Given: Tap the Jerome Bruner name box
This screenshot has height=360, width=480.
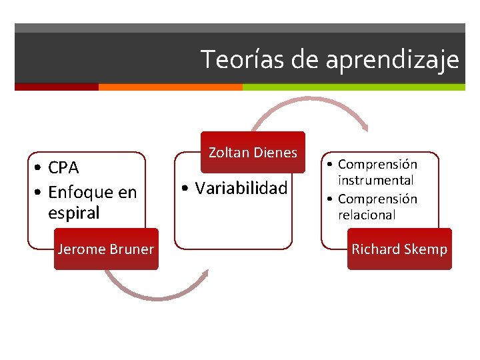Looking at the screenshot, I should tap(106, 249).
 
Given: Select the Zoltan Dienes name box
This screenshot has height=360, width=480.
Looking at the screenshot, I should tap(253, 152).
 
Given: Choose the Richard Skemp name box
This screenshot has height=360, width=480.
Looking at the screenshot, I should tap(399, 249).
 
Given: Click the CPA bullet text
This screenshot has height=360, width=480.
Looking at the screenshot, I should tap(63, 167).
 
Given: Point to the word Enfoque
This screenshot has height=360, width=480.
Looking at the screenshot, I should tap(77, 192).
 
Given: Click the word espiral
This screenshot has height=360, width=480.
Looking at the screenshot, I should tap(73, 213).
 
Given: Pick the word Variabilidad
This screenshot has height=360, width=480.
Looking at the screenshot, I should tap(241, 189).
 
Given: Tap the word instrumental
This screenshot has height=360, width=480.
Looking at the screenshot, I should tap(375, 180).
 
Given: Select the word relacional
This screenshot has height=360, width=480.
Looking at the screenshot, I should tap(366, 215).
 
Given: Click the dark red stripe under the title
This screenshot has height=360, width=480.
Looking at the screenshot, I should tap(57, 87).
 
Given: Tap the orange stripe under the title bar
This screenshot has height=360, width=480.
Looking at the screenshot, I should tap(170, 87).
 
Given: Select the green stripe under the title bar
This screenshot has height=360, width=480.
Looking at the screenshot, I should tap(353, 87).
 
